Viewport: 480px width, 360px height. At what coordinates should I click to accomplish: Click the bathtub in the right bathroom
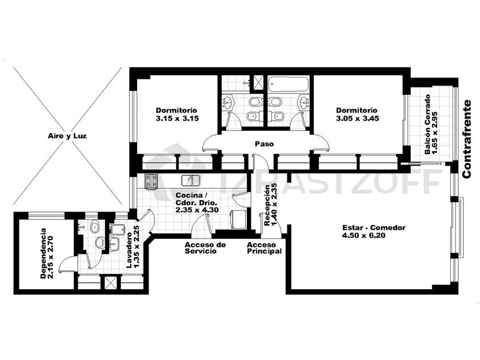pyautogui.click(x=288, y=84)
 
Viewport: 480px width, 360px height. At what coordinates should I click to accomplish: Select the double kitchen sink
pyautogui.click(x=190, y=180)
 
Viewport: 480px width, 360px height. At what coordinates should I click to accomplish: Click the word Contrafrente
pyautogui.click(x=466, y=139)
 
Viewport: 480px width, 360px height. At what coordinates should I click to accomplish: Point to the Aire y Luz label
pyautogui.click(x=67, y=135)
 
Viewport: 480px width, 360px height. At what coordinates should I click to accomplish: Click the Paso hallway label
pyautogui.click(x=264, y=143)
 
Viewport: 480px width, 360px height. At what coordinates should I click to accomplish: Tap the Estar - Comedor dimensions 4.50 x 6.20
pyautogui.click(x=363, y=235)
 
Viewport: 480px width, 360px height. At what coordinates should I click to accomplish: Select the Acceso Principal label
pyautogui.click(x=264, y=248)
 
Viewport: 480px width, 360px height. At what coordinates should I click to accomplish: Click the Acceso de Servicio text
pyautogui.click(x=205, y=248)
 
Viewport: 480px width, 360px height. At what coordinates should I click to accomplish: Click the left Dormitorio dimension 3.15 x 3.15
pyautogui.click(x=177, y=118)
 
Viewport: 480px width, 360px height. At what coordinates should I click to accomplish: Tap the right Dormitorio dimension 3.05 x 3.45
pyautogui.click(x=357, y=118)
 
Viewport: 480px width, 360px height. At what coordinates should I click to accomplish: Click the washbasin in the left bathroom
pyautogui.click(x=227, y=102)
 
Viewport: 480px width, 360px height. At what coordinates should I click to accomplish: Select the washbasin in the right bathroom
pyautogui.click(x=303, y=102)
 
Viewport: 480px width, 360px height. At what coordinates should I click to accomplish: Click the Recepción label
pyautogui.click(x=267, y=205)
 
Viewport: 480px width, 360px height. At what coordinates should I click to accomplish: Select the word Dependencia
pyautogui.click(x=43, y=253)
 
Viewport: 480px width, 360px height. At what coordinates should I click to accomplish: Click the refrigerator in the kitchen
pyautogui.click(x=238, y=219)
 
